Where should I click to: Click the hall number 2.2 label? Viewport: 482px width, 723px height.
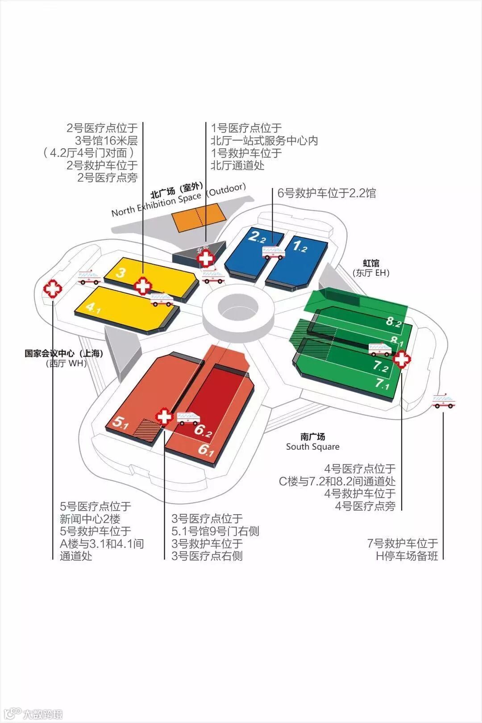point(257,237)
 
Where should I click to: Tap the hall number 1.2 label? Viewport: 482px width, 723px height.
point(299,245)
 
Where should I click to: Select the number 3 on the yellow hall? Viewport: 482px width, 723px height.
point(120,272)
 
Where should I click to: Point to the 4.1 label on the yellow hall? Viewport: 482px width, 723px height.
point(93,307)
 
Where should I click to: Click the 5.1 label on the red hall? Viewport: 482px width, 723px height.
point(120,422)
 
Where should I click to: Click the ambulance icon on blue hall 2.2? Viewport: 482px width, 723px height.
point(273,253)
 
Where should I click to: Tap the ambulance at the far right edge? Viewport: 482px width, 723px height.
point(444,401)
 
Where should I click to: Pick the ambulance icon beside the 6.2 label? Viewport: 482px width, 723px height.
point(188,418)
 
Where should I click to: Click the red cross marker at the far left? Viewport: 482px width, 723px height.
point(53,289)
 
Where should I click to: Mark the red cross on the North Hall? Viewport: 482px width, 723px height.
point(206,258)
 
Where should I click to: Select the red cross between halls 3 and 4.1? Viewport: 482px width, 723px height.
point(143,286)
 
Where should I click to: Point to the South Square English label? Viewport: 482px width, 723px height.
point(312,447)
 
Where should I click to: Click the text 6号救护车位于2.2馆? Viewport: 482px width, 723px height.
point(326,193)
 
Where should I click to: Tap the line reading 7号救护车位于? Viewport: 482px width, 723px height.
point(403,543)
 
